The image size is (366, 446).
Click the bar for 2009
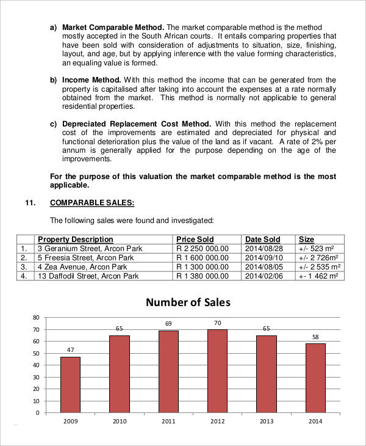(x=70, y=384)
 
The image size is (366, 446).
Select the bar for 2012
(x=217, y=371)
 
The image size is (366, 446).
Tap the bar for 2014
(x=315, y=378)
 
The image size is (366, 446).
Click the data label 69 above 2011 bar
(x=168, y=323)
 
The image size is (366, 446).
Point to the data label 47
(x=70, y=349)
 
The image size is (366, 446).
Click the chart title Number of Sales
(x=188, y=302)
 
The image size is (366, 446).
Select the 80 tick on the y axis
(x=35, y=318)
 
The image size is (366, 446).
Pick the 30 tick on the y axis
(x=35, y=377)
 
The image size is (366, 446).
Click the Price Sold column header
(x=195, y=239)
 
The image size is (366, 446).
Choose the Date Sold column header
(x=262, y=239)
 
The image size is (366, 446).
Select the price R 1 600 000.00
(x=202, y=258)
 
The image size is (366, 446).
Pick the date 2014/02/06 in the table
(x=264, y=276)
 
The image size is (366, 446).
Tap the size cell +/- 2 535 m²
(x=320, y=267)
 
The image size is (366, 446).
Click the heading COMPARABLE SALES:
(x=91, y=203)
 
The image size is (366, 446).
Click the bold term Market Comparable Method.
(x=113, y=27)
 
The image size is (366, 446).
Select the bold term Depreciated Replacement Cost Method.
(x=137, y=124)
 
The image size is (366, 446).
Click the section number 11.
(x=30, y=203)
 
